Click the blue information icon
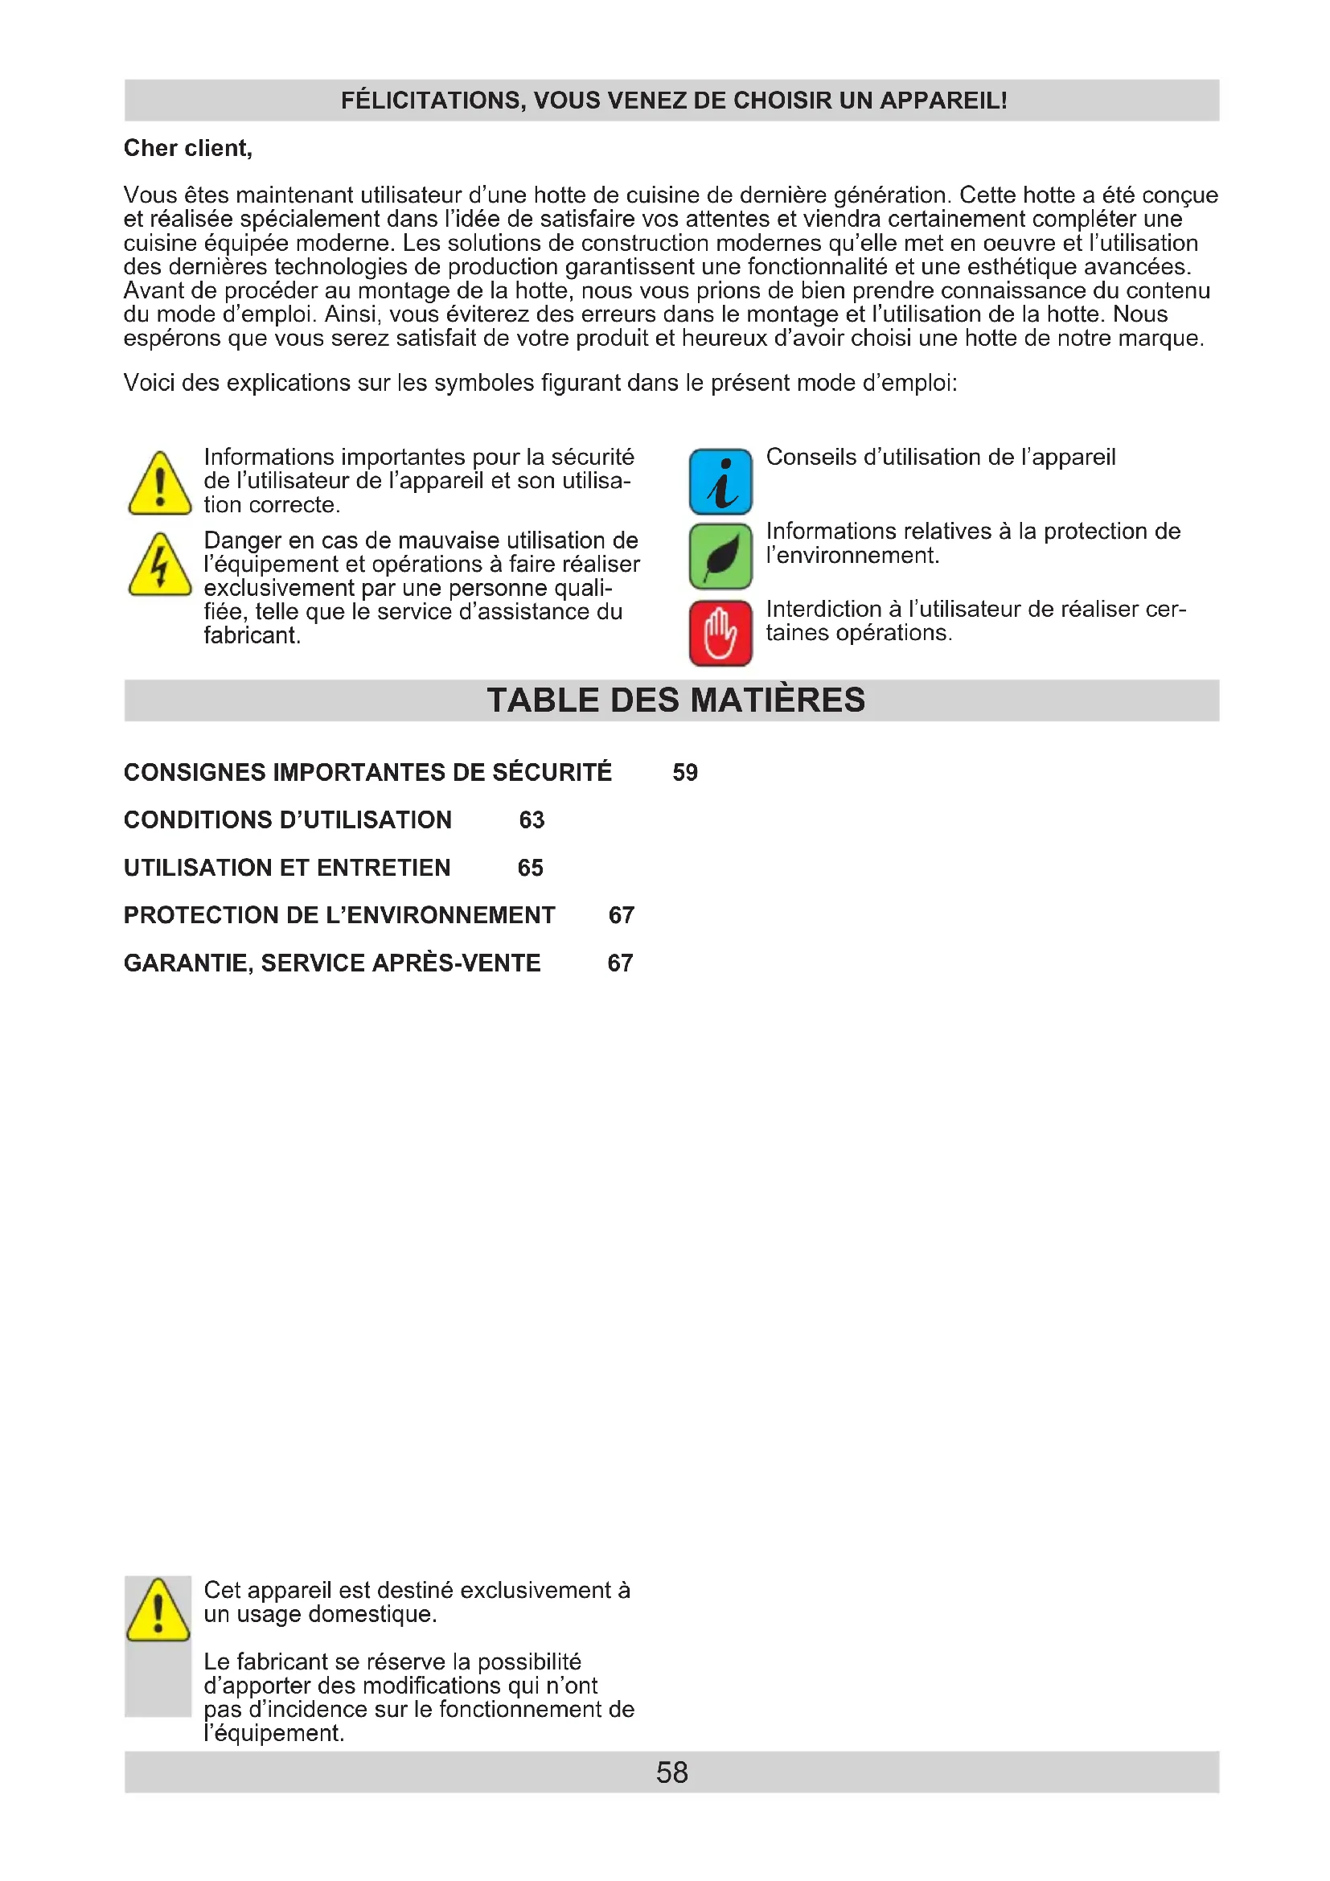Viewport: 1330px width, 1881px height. click(720, 482)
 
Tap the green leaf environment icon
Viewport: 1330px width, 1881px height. click(720, 556)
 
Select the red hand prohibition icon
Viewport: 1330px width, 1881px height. click(720, 632)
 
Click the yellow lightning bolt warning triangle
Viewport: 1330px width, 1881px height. click(161, 566)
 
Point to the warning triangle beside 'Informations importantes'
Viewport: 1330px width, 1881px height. click(161, 485)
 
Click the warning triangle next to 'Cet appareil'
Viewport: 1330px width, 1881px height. click(159, 1611)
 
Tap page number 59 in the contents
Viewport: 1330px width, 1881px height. click(684, 773)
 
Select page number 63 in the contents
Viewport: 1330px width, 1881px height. click(532, 820)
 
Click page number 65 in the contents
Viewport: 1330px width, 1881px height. click(530, 868)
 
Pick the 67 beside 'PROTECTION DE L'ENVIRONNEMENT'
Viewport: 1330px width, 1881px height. click(621, 915)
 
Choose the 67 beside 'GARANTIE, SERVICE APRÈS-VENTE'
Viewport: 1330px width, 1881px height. click(620, 963)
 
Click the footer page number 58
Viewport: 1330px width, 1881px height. click(671, 1772)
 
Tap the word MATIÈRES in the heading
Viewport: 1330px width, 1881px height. click(778, 700)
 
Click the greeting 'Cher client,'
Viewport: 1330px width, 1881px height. click(187, 148)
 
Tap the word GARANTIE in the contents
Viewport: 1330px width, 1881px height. click(187, 963)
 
